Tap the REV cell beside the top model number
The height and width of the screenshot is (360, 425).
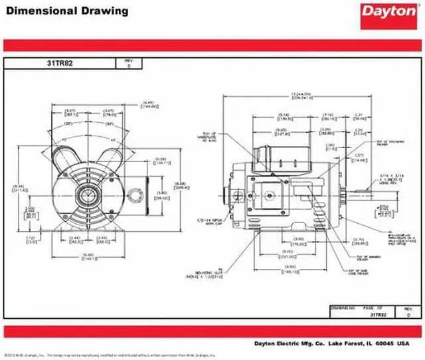click(129, 64)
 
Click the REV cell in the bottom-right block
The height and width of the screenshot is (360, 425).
click(408, 312)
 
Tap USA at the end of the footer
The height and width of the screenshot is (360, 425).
click(404, 343)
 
